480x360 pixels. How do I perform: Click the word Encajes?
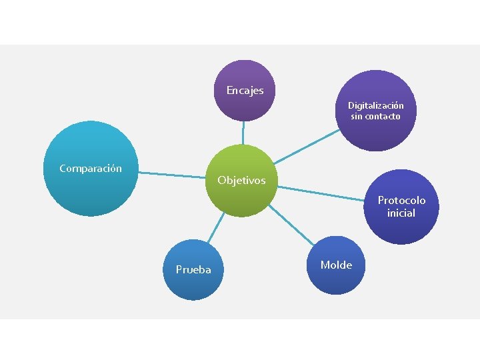click(245, 90)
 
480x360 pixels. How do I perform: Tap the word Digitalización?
click(375, 105)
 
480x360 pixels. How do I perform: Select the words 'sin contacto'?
click(375, 116)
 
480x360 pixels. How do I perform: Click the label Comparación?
click(91, 168)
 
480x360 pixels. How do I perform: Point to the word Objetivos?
click(241, 180)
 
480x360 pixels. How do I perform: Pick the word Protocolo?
click(401, 200)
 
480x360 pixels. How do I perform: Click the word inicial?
click(401, 213)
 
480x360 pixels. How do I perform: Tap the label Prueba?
click(193, 269)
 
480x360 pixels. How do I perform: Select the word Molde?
click(336, 265)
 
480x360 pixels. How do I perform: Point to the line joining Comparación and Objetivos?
click(173, 175)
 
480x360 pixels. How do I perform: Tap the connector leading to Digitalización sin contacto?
click(307, 146)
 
